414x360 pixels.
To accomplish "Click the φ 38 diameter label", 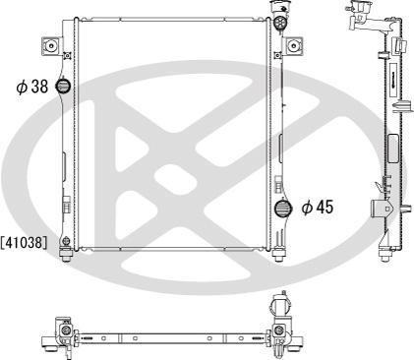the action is [x=32, y=87].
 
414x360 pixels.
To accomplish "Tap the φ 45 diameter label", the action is [x=318, y=208].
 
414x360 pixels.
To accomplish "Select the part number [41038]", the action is [x=24, y=243].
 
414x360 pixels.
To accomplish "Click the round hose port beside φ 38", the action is [x=63, y=86].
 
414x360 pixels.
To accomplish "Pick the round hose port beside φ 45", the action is [x=282, y=208].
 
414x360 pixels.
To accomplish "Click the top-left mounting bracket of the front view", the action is [x=52, y=45].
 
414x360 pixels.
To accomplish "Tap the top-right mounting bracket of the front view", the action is [x=293, y=45].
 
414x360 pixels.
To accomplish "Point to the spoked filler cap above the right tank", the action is [x=280, y=23].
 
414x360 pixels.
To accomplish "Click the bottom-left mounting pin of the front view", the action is [x=66, y=256].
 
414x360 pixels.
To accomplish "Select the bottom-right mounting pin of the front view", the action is [x=278, y=255].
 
